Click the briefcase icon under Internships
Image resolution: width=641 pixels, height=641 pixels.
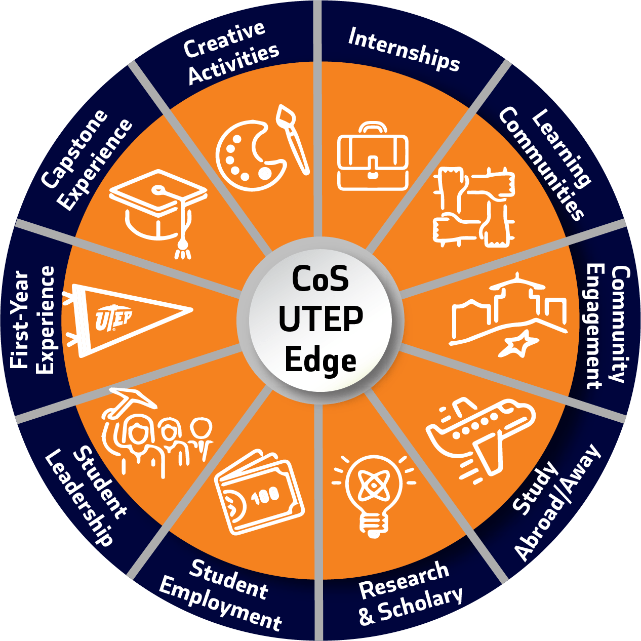[x=373, y=157]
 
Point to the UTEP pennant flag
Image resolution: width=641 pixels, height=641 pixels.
[x=127, y=319]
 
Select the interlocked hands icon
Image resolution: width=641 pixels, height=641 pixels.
[x=474, y=208]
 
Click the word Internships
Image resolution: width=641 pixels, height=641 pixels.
[x=404, y=50]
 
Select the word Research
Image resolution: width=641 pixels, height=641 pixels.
[x=404, y=580]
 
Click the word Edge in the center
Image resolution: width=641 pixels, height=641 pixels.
[x=320, y=361]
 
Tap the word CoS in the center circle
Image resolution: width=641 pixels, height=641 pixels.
[x=320, y=279]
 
